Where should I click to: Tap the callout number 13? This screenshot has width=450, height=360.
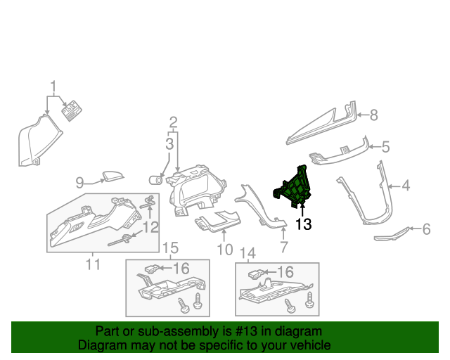coord(302,224)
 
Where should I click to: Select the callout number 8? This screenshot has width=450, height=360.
coord(373,114)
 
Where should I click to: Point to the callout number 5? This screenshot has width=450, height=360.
coord(385,147)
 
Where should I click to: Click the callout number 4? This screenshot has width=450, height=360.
coord(406,186)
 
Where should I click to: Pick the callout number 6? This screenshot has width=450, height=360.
coord(425,229)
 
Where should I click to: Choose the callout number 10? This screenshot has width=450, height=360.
coord(224,249)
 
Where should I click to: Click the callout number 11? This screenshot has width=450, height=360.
coord(93,264)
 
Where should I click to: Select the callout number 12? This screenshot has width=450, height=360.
coord(150,227)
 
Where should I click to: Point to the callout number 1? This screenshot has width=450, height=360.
coord(53,86)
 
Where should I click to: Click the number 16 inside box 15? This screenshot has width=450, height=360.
coord(181,268)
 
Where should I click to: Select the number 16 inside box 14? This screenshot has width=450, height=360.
coord(285,271)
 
